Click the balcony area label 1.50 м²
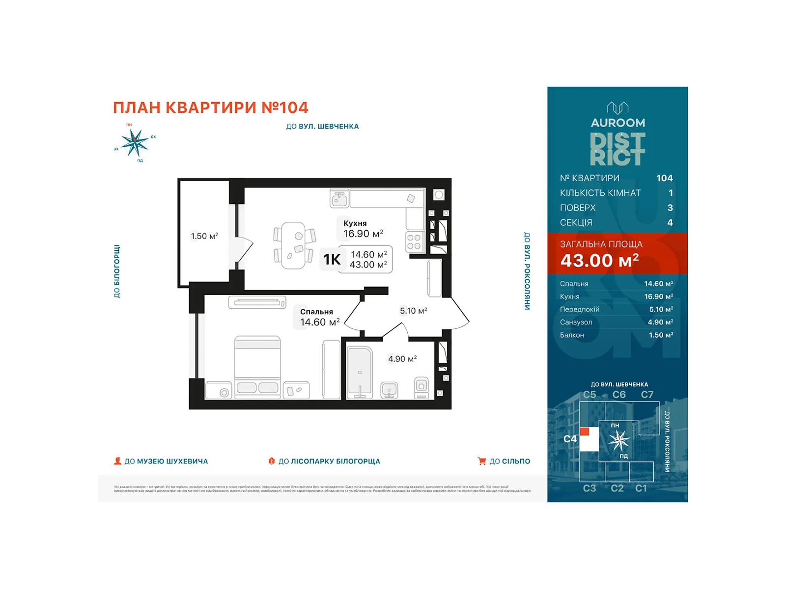point(204,236)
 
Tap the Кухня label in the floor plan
point(355,223)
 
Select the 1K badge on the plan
point(332,259)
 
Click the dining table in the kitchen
point(294,245)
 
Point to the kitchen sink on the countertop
point(339,199)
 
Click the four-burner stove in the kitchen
point(414,242)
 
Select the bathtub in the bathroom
point(360,373)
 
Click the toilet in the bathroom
point(421,387)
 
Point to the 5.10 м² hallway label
point(413,311)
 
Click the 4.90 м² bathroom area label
point(402,359)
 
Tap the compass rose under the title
point(134,143)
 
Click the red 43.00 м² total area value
point(599,261)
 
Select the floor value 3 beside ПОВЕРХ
point(670,208)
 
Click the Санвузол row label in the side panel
point(576,322)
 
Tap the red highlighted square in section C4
point(585,432)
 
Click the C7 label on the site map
point(647,395)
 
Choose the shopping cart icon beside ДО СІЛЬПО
point(482,461)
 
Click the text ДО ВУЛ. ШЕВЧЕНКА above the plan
point(322,126)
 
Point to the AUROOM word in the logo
point(618,123)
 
